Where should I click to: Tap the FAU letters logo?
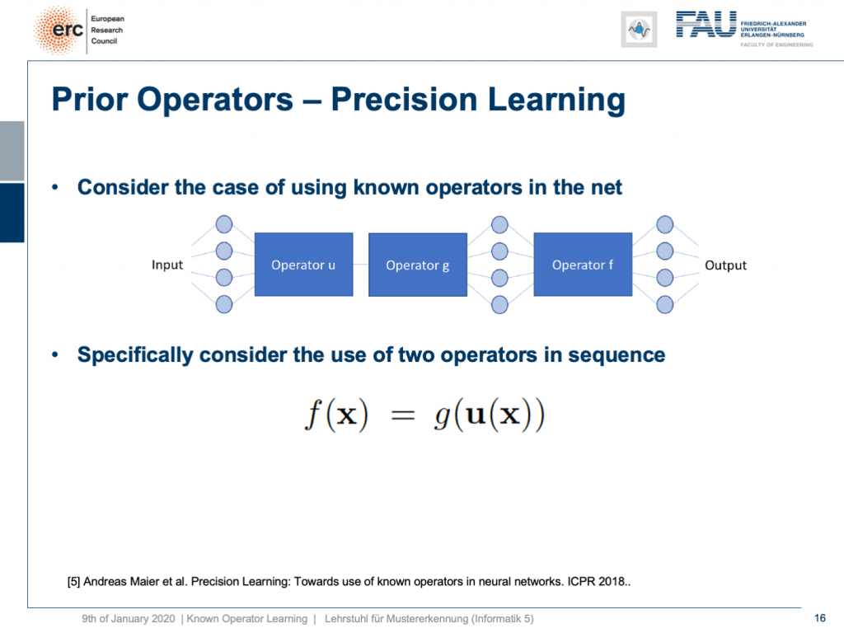(x=706, y=25)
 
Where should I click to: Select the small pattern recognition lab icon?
(x=639, y=30)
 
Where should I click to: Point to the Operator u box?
(x=303, y=265)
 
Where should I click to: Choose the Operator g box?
(x=418, y=265)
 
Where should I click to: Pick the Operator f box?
(x=583, y=265)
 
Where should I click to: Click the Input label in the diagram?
(x=167, y=265)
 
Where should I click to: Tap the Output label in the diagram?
(x=725, y=265)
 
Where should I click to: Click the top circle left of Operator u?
(x=224, y=224)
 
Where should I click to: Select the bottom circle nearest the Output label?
(x=665, y=305)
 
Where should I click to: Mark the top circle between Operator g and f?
(x=499, y=224)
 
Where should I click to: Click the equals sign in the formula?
(x=402, y=415)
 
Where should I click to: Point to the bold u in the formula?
(x=476, y=415)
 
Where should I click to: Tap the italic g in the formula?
(x=443, y=416)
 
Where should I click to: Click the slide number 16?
(x=820, y=618)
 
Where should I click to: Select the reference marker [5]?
(x=73, y=582)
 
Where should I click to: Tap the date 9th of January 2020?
(x=128, y=618)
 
